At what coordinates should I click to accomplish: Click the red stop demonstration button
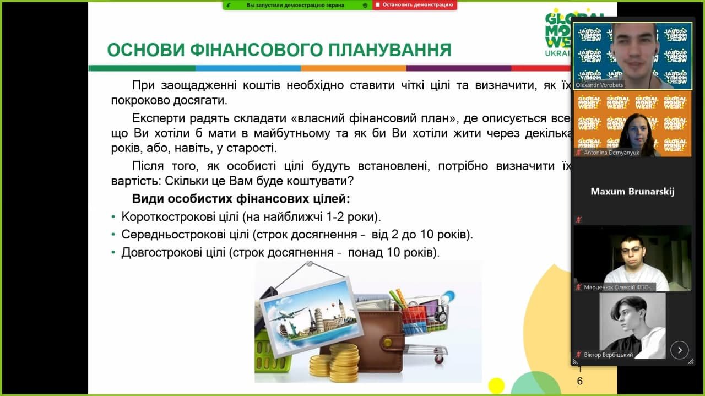pos(415,5)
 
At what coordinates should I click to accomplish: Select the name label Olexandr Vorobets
pos(599,85)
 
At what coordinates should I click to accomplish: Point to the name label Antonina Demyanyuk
pos(611,153)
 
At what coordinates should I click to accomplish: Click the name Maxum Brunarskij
pos(632,191)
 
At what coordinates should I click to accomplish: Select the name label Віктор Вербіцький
pos(608,355)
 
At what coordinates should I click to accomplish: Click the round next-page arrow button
pos(680,350)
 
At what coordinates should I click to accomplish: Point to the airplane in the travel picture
pos(285,316)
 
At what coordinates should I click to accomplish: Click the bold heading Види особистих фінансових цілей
pos(241,199)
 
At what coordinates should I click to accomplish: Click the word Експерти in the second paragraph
pos(158,118)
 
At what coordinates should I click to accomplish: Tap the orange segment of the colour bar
pos(354,68)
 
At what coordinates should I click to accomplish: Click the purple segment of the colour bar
pos(459,68)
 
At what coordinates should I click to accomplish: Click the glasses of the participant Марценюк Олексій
pos(631,250)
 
